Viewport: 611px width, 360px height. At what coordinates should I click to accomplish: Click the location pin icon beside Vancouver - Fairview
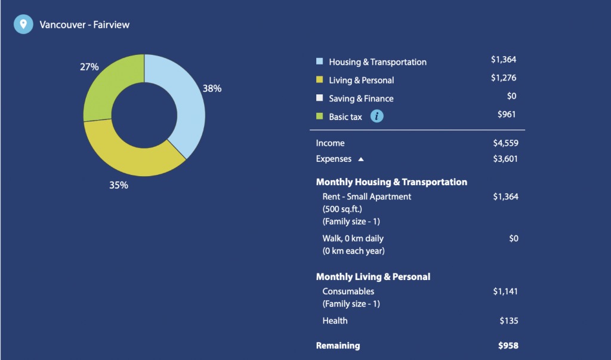[x=23, y=24]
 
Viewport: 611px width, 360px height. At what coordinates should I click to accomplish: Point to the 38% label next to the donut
[x=212, y=88]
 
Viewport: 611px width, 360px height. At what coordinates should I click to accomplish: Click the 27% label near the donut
[x=90, y=67]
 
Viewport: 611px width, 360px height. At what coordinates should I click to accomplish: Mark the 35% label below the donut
[x=119, y=185]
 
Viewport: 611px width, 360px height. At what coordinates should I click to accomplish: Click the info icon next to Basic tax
[x=377, y=116]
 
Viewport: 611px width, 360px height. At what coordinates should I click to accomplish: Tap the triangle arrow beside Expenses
[x=361, y=159]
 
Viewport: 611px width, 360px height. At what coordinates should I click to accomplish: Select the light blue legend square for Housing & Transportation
[x=320, y=61]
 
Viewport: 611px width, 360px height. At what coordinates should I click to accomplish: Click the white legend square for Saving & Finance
[x=320, y=97]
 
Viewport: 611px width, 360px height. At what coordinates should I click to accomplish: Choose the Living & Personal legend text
[x=361, y=81]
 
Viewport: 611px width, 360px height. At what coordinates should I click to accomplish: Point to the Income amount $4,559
[x=505, y=143]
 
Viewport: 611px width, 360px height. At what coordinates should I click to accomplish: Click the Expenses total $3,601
[x=505, y=159]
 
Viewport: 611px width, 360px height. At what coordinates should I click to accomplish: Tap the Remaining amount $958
[x=508, y=346]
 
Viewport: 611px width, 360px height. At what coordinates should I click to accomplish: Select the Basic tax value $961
[x=507, y=114]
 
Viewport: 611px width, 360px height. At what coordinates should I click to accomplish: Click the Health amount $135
[x=509, y=321]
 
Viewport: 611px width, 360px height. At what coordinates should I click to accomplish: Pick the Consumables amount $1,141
[x=505, y=291]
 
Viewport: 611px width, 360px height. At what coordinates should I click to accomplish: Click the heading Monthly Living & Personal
[x=373, y=277]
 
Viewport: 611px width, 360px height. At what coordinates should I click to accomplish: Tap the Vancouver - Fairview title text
[x=85, y=24]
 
